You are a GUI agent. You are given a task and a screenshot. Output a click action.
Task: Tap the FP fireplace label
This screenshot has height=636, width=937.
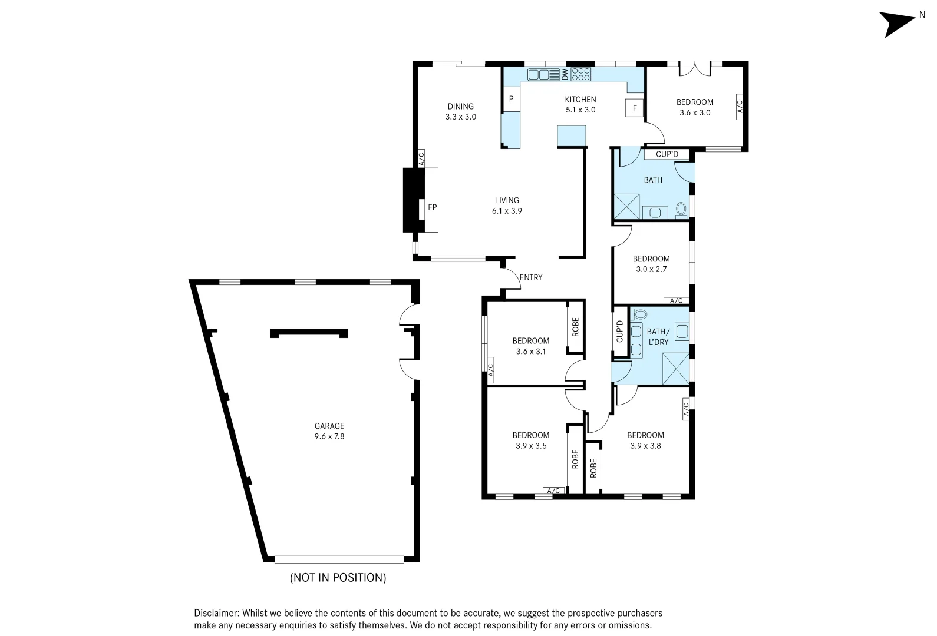click(432, 207)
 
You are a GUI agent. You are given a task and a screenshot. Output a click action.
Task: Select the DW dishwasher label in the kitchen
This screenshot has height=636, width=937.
click(565, 75)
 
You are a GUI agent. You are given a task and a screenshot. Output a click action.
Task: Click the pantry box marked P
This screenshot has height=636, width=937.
click(511, 99)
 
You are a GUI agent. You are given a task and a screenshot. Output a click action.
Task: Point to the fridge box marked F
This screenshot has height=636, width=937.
click(635, 108)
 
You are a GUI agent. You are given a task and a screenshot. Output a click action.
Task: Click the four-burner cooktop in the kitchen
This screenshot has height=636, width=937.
click(580, 74)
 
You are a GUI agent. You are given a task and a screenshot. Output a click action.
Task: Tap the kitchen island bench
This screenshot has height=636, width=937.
click(572, 136)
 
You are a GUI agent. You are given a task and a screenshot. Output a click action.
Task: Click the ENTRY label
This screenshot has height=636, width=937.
click(531, 277)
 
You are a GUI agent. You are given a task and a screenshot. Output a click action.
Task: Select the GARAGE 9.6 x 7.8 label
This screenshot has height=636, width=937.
click(329, 431)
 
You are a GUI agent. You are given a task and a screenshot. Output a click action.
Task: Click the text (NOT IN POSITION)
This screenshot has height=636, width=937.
click(338, 578)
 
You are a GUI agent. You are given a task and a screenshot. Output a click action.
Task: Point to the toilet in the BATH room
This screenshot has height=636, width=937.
click(681, 210)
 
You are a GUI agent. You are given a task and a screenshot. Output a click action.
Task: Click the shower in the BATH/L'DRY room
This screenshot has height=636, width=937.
click(676, 368)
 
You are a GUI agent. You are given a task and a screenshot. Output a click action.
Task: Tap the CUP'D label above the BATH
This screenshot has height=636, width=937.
click(667, 154)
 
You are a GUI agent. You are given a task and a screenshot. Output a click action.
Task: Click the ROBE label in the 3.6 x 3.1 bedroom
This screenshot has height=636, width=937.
click(575, 327)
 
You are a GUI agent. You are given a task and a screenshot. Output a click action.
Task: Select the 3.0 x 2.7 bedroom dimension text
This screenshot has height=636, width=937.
click(651, 269)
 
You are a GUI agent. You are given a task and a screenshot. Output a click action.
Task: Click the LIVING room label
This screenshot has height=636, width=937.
click(507, 200)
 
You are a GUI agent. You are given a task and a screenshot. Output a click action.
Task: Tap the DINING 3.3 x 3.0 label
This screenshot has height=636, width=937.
click(461, 111)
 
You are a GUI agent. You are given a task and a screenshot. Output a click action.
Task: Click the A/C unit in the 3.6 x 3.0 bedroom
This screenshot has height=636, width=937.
click(740, 107)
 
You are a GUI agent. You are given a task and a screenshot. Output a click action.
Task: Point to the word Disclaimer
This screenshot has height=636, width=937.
click(216, 613)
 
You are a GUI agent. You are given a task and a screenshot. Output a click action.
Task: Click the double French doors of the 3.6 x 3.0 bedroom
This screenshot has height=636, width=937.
click(695, 69)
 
